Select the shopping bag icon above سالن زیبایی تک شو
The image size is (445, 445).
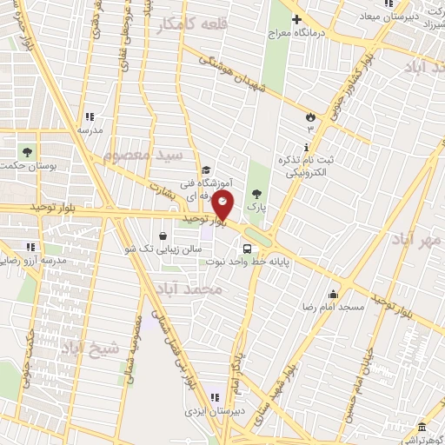(x=163, y=235)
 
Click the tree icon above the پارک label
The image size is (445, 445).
(x=256, y=194)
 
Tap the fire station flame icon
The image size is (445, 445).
(x=310, y=116)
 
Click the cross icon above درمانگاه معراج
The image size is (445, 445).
(x=297, y=18)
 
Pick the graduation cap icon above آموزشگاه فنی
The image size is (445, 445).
(x=206, y=170)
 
